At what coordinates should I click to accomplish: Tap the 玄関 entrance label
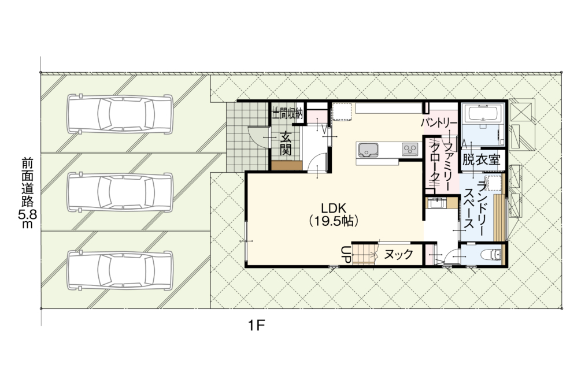[286, 144]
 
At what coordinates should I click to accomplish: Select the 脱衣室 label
[482, 160]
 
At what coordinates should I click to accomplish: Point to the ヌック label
[398, 254]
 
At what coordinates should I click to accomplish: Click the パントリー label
[439, 122]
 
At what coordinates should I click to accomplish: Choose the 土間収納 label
[288, 113]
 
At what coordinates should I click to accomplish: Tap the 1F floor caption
[257, 326]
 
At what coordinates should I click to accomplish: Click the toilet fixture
[491, 254]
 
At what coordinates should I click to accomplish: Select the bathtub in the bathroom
[483, 113]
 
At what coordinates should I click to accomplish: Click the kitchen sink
[368, 150]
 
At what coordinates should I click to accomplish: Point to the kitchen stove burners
[410, 149]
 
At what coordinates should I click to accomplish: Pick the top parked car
[120, 114]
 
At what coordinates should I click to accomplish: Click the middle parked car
[120, 192]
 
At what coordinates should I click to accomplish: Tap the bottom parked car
[120, 270]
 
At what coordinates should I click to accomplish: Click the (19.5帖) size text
[334, 221]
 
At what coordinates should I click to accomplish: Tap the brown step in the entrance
[287, 166]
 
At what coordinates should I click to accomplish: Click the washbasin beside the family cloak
[437, 203]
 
